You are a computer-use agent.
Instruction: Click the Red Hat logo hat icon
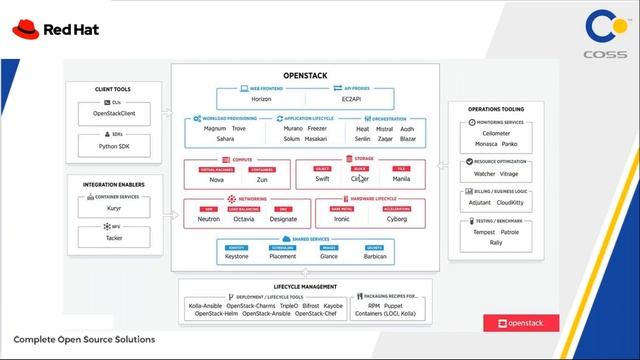pyautogui.click(x=26, y=29)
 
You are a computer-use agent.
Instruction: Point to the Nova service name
pyautogui.click(x=218, y=180)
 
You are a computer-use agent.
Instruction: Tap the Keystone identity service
pyautogui.click(x=237, y=256)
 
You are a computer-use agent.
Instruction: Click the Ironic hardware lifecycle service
pyautogui.click(x=342, y=219)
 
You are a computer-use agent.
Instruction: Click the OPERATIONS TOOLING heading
pyautogui.click(x=496, y=107)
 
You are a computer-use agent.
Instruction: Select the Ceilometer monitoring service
pyautogui.click(x=496, y=134)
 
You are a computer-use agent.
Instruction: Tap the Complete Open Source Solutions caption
pyautogui.click(x=84, y=340)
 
